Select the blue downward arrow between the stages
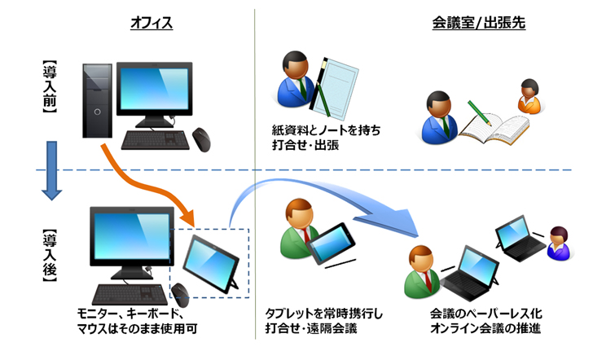point(51,171)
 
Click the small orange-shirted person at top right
point(529,97)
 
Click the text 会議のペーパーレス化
point(485,314)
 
